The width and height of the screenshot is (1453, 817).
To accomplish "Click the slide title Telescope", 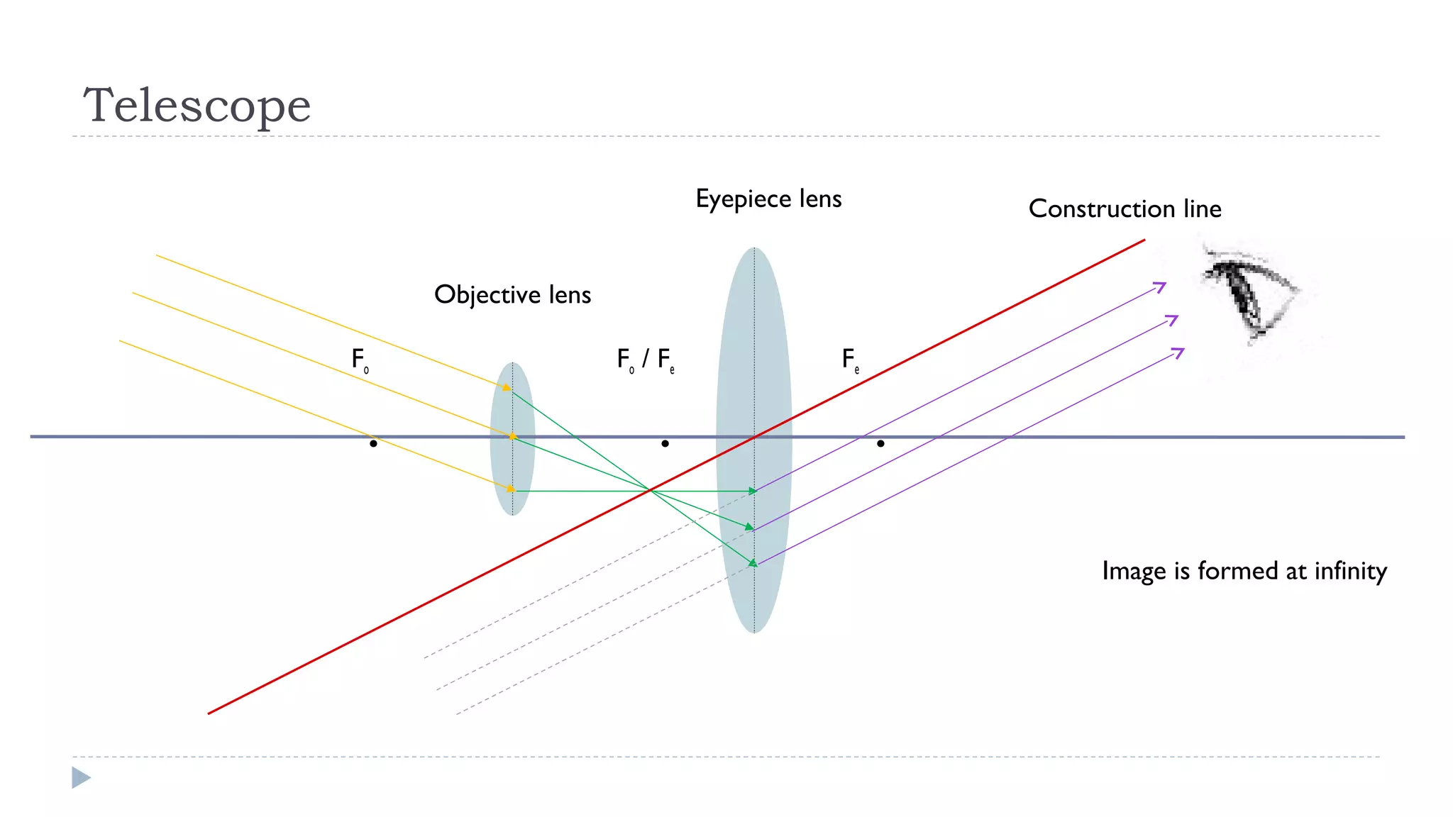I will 197,105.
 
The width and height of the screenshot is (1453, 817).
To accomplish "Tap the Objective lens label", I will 512,294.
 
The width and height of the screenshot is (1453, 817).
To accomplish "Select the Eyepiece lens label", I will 768,199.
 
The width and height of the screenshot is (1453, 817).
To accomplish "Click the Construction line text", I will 1125,209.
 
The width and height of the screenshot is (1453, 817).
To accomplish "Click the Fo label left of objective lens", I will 360,360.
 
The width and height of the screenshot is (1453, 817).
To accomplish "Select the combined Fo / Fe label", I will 645,360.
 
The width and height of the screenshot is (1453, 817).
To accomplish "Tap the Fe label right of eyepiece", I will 850,360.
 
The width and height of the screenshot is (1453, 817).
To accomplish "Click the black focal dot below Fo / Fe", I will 665,443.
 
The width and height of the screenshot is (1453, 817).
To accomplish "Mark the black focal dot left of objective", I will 373,443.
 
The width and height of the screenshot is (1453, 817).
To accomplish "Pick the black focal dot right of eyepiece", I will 880,443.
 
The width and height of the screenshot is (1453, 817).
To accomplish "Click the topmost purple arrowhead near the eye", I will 1160,287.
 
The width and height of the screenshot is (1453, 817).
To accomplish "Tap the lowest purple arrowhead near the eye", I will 1178,352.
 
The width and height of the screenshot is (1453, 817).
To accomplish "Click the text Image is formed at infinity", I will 1244,571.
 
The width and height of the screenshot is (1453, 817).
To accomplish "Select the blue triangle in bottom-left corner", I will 81,777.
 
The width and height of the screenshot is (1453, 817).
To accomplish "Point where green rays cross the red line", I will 649,490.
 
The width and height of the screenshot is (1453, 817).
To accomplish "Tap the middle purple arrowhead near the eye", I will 1172,320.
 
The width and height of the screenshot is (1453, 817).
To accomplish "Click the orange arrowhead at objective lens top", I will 507,387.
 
